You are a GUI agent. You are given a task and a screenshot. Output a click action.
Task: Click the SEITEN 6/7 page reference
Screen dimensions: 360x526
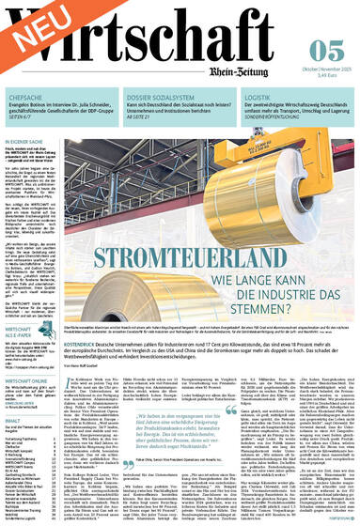(x=22, y=127)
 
